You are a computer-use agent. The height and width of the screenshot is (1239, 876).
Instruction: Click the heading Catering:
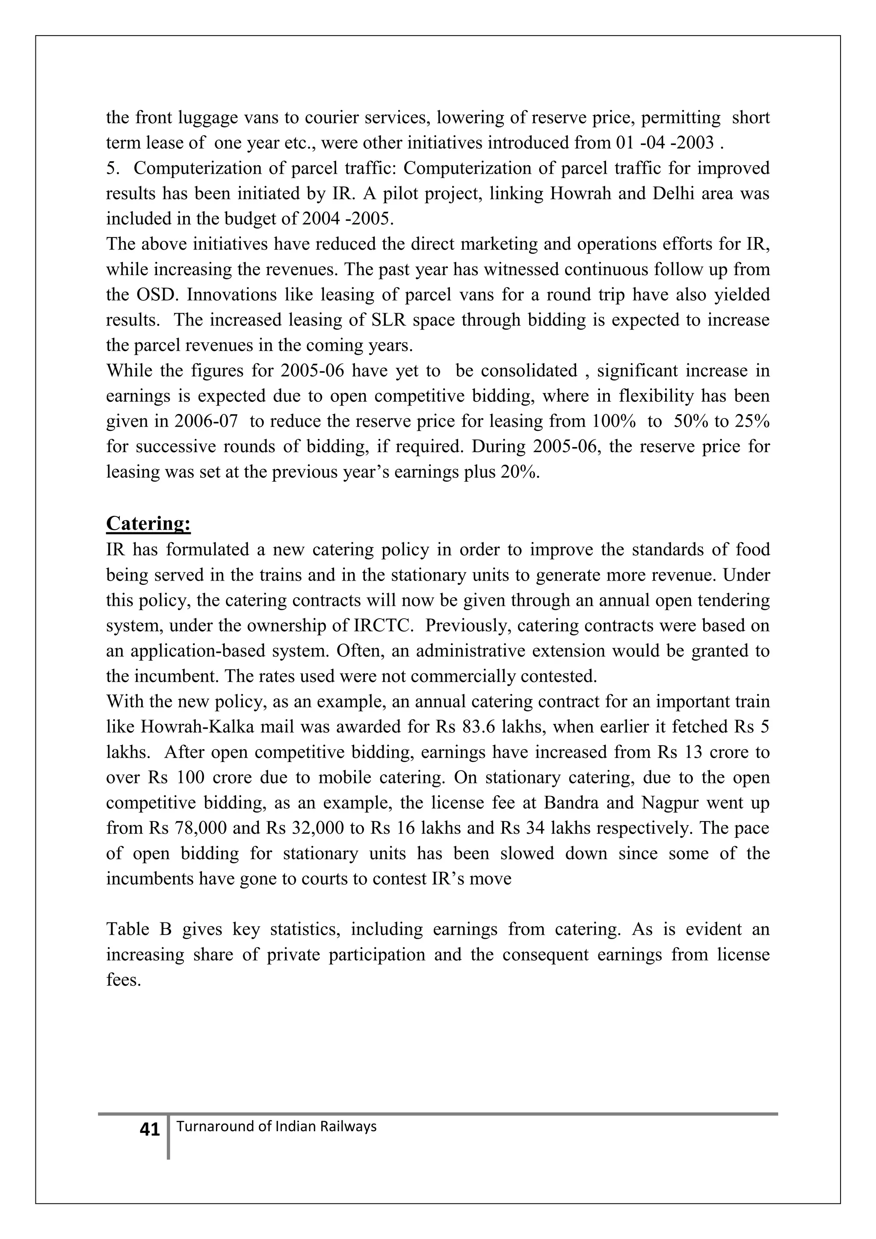[148, 523]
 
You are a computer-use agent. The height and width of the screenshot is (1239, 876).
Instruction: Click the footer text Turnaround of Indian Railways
[276, 1126]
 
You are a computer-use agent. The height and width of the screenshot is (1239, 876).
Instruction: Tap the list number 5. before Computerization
[113, 169]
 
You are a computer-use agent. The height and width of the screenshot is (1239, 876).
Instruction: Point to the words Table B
[139, 929]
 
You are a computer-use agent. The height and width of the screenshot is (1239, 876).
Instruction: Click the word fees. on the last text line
[123, 980]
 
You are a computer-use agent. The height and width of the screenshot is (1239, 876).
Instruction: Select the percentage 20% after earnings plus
[521, 472]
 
